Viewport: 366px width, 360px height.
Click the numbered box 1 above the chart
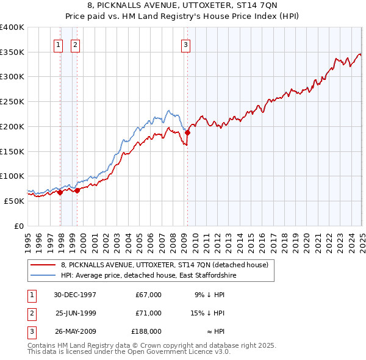click(58, 44)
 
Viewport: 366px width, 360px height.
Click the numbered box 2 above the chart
click(74, 44)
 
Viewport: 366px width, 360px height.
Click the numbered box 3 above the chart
click(185, 44)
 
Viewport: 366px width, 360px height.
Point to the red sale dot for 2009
click(188, 132)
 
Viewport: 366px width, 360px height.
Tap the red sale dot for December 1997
click(60, 192)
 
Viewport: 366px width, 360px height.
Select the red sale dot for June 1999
click(77, 190)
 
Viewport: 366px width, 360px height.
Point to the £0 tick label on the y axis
click(18, 226)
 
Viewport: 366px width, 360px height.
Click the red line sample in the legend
click(43, 265)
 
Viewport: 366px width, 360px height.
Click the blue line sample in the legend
click(43, 275)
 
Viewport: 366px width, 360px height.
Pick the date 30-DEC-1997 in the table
click(76, 295)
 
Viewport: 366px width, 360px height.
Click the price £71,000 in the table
click(149, 313)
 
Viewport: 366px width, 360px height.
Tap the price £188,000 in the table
click(146, 331)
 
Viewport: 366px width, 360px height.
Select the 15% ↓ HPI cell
click(207, 313)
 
